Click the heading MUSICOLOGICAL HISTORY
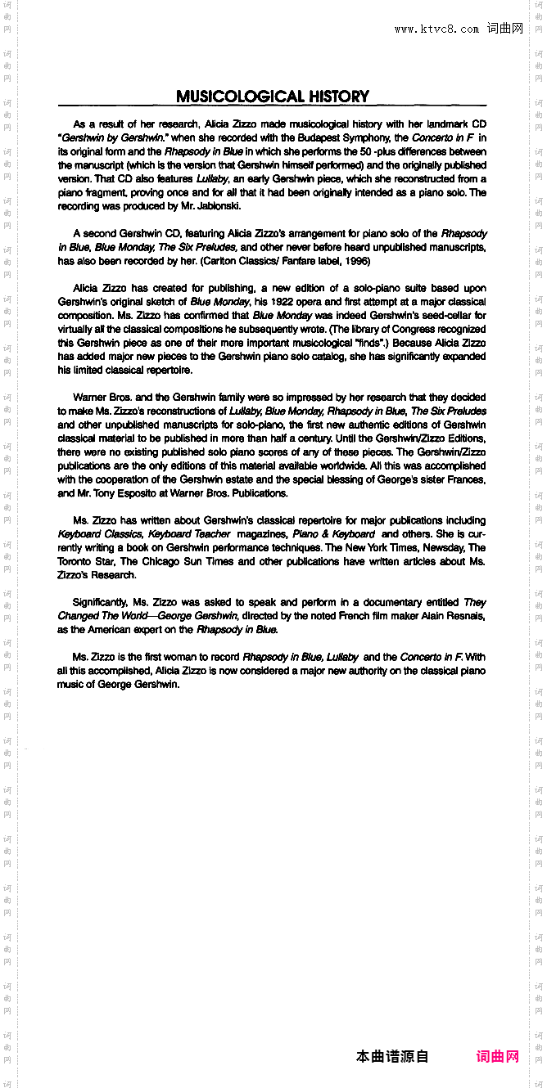(273, 97)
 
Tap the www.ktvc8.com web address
(436, 29)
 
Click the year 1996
(355, 261)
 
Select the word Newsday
(443, 547)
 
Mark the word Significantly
(99, 602)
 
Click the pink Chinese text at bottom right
(498, 1056)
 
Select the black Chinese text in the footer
(392, 1056)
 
